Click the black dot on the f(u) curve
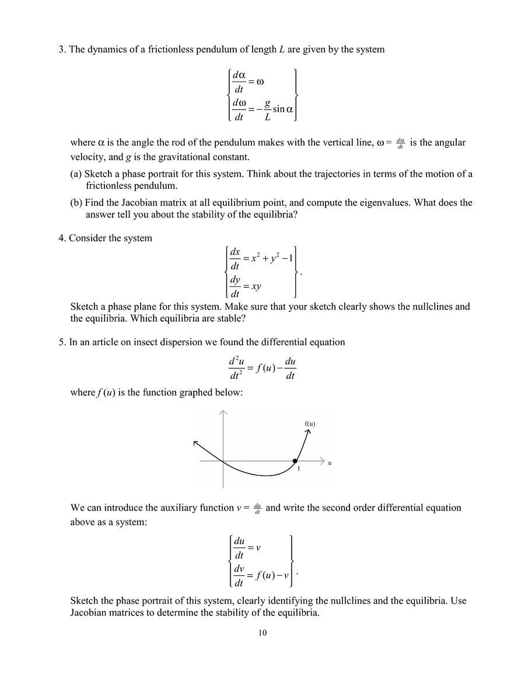[295, 461]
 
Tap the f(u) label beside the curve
[310, 424]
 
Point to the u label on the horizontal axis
[330, 463]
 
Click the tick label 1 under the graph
[298, 469]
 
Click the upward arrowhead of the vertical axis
[223, 413]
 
